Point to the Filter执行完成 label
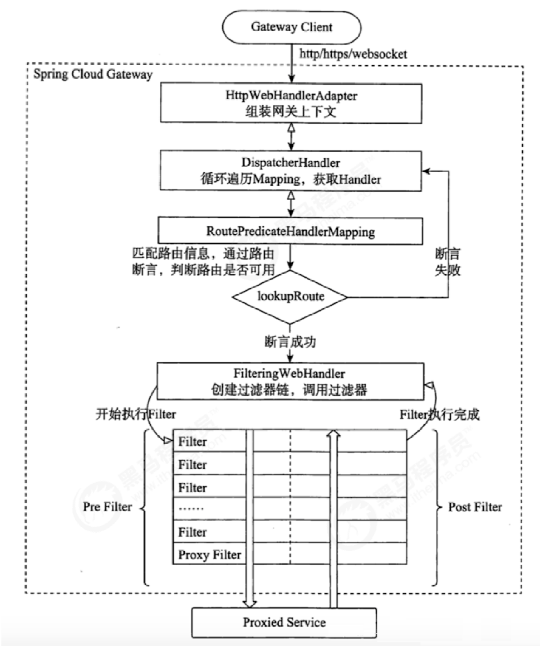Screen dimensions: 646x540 pyautogui.click(x=440, y=415)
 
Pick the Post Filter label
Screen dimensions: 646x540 pyautogui.click(x=475, y=507)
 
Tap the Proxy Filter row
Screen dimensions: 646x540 pyautogui.click(x=209, y=555)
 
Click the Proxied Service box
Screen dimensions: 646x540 pyautogui.click(x=284, y=622)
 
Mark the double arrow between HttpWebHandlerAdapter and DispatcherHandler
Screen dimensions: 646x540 pyautogui.click(x=289, y=135)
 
